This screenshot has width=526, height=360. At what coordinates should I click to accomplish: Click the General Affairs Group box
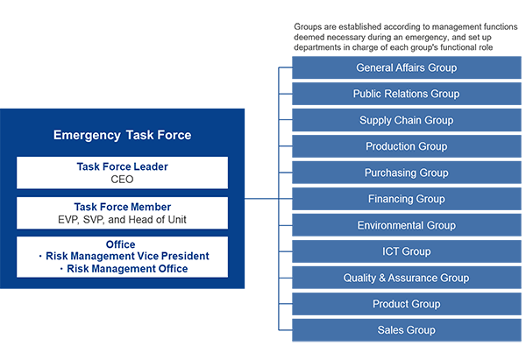tap(407, 67)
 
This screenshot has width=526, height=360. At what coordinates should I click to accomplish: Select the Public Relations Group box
tap(407, 94)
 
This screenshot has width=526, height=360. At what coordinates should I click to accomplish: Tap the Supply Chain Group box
tap(407, 120)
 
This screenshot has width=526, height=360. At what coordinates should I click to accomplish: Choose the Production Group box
tap(407, 146)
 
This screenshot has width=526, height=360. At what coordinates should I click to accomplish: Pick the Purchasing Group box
tap(407, 173)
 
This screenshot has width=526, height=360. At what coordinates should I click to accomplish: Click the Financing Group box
tap(407, 199)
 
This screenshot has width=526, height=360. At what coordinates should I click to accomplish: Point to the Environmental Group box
tap(407, 225)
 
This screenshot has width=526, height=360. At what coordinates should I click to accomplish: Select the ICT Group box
tap(407, 251)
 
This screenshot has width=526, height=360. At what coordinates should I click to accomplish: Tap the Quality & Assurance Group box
tap(407, 278)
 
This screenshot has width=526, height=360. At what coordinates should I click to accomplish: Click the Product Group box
tap(407, 304)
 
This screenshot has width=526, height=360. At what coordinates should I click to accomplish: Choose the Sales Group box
tap(407, 330)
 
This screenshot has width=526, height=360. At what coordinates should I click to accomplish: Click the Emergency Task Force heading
tap(122, 135)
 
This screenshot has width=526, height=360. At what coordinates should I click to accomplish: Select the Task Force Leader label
tap(122, 166)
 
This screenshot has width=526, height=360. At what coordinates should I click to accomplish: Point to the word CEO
tap(122, 180)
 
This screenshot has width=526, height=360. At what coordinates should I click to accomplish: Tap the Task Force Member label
tap(122, 207)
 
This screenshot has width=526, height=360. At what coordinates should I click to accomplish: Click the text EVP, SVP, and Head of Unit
tap(122, 220)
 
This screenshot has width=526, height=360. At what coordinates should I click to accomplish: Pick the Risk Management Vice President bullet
tap(124, 256)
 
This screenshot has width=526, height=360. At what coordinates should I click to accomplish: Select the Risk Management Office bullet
tap(124, 269)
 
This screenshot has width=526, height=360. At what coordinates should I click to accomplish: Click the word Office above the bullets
tap(120, 244)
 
